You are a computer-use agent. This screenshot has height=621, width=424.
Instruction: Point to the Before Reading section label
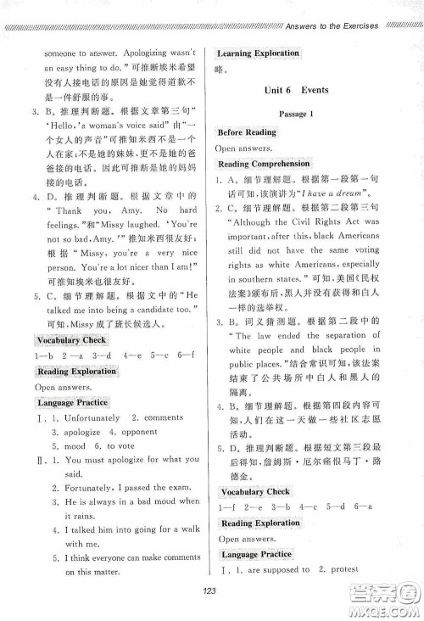(x=247, y=132)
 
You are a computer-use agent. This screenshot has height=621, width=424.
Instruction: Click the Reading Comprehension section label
(x=264, y=163)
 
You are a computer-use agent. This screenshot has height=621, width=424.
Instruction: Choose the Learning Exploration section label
(x=259, y=53)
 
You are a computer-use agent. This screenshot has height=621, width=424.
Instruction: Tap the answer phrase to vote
(x=120, y=445)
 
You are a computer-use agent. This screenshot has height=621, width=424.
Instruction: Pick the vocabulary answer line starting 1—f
(x=280, y=506)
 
